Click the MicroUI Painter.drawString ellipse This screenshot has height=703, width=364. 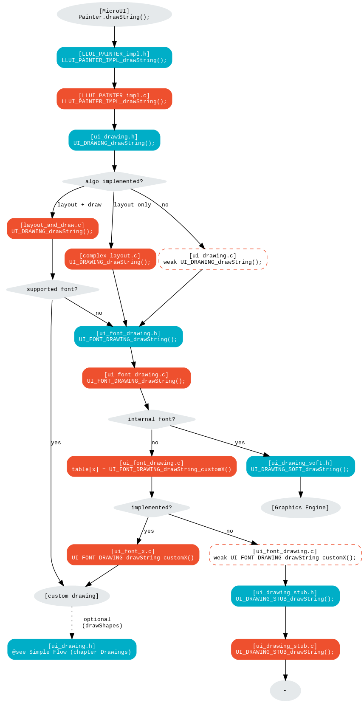(114, 14)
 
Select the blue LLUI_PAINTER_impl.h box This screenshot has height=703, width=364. (114, 57)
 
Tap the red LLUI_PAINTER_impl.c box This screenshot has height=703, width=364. (114, 99)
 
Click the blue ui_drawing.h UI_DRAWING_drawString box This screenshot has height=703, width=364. (114, 140)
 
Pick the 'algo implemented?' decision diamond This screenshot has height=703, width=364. (114, 181)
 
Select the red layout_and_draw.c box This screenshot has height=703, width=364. (53, 229)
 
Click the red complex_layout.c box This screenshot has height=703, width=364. (110, 259)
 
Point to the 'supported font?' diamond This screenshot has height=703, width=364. (53, 289)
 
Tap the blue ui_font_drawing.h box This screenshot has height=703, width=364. (128, 336)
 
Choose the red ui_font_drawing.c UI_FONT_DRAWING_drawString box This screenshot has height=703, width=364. (136, 378)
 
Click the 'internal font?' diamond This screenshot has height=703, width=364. (152, 419)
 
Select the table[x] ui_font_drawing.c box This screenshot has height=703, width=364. (152, 466)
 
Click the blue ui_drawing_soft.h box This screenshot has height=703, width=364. (301, 466)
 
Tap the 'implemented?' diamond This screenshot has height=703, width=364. (152, 508)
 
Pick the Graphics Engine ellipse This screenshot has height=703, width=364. (301, 508)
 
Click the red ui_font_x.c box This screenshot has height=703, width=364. (133, 555)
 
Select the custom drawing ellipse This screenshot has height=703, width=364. (72, 596)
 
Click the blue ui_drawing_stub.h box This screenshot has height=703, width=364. (285, 596)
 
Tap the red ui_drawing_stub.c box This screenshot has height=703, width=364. (285, 649)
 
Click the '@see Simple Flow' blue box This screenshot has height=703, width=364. (72, 649)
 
